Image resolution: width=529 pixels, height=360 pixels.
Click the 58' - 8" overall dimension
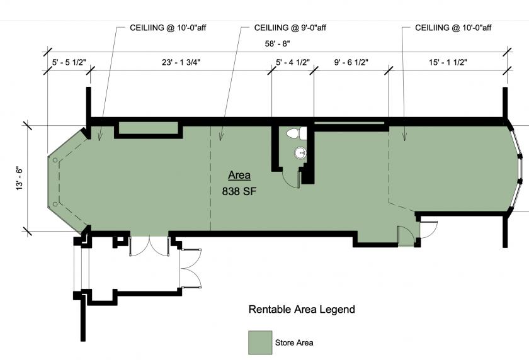tap(277, 43)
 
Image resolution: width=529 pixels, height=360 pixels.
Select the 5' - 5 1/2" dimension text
tap(69, 62)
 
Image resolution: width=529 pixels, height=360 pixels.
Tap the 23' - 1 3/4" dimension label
tap(181, 62)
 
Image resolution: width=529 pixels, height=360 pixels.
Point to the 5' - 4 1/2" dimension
tap(292, 62)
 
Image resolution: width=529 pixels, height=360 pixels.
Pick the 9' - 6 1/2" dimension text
tap(351, 62)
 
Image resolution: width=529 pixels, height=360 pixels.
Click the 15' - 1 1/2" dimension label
tap(448, 62)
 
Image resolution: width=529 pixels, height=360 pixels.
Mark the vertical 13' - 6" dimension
tap(20, 178)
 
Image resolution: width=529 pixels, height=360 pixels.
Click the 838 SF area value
tap(239, 191)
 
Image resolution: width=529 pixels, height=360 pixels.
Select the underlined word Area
tap(239, 176)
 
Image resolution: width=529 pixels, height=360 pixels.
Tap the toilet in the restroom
tap(297, 133)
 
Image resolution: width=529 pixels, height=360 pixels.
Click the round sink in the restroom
tap(300, 154)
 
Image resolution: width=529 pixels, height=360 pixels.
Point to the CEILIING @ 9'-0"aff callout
tap(290, 28)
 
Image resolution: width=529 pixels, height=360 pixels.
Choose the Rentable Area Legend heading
tap(302, 310)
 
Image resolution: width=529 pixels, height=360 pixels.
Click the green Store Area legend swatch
tap(260, 342)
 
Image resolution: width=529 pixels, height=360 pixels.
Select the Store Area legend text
tap(294, 343)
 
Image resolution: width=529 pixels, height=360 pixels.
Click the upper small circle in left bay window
tap(55, 160)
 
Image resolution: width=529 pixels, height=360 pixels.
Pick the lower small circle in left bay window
tap(55, 204)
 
